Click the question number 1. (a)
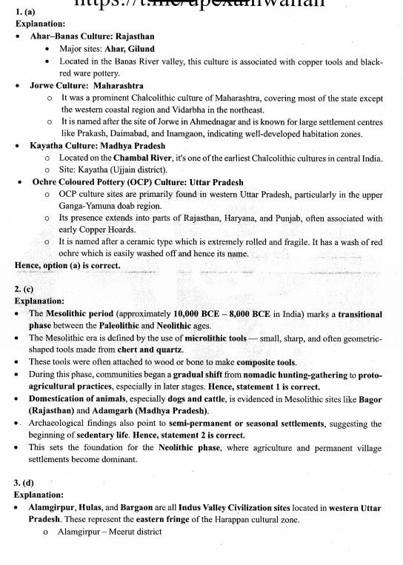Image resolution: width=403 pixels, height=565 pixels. (25, 13)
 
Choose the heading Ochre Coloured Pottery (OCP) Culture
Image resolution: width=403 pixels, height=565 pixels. (107, 181)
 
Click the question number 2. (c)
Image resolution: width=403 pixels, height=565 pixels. (24, 290)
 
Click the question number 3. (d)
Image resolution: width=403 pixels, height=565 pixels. (25, 482)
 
